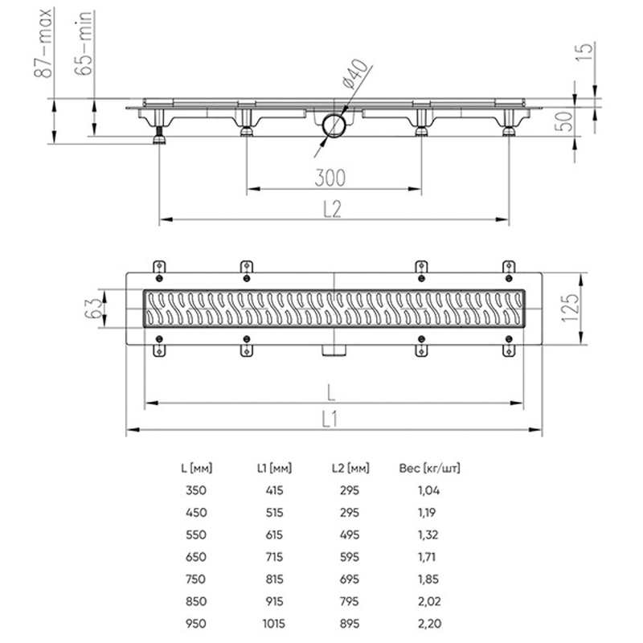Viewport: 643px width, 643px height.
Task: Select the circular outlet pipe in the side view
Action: [x=333, y=127]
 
